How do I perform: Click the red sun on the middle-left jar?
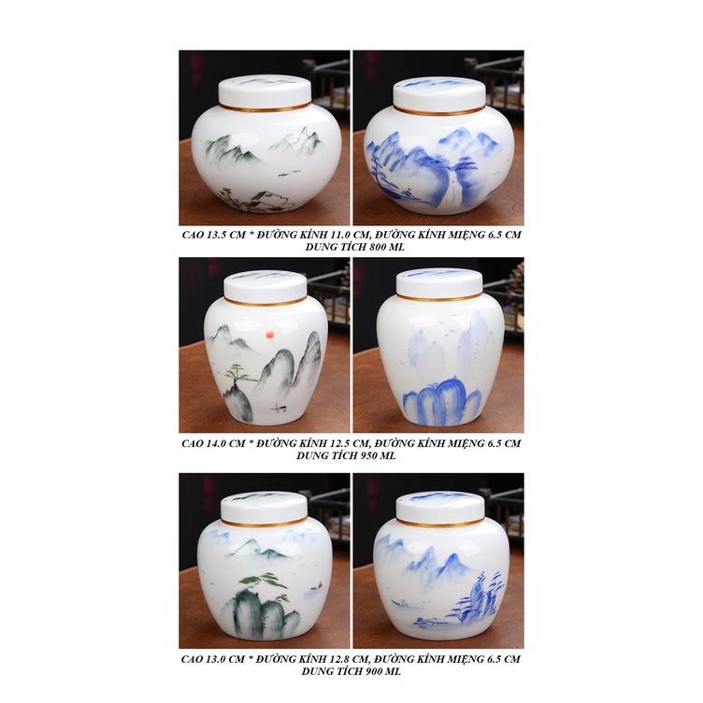(271, 334)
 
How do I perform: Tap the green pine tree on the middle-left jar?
(237, 375)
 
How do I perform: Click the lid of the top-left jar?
(265, 92)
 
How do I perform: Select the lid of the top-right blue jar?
(439, 93)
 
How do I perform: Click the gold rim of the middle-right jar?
(439, 297)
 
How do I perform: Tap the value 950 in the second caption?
(368, 455)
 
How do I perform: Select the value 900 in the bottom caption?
(373, 671)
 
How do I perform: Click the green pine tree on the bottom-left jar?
(264, 582)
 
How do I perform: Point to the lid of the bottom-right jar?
(440, 509)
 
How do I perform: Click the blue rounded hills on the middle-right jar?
(442, 396)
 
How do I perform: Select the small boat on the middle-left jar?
(280, 408)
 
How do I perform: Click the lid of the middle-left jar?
(265, 287)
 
